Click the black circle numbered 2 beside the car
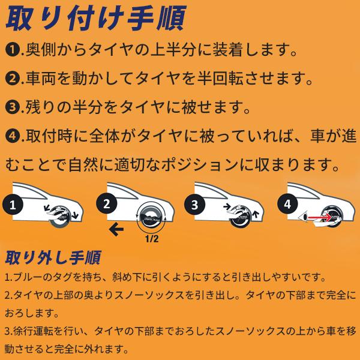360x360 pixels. coord(107,205)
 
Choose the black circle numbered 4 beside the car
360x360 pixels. coord(287,205)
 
